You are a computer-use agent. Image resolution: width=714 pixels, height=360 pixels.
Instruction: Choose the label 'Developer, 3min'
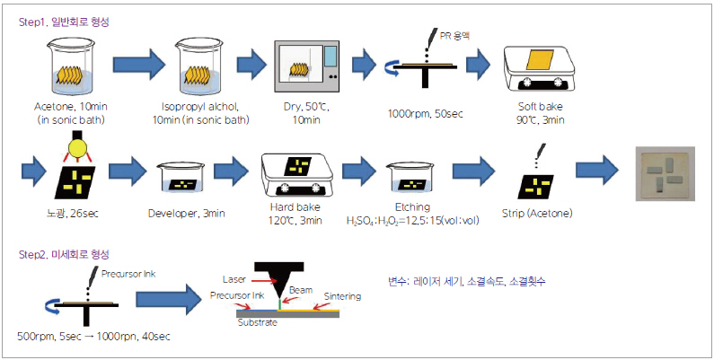tap(187, 213)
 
